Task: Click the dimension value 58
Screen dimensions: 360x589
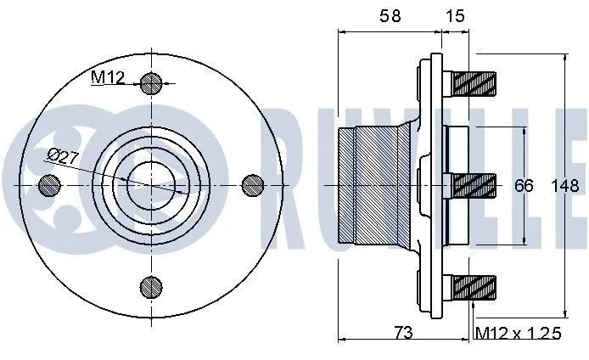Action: pyautogui.click(x=390, y=15)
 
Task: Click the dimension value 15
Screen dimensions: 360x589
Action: pyautogui.click(x=456, y=15)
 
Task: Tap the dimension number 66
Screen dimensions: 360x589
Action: pyautogui.click(x=524, y=185)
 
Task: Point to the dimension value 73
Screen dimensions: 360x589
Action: pyautogui.click(x=404, y=334)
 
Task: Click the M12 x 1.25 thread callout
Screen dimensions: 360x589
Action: pyautogui.click(x=519, y=334)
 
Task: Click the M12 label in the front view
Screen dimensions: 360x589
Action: pyautogui.click(x=108, y=78)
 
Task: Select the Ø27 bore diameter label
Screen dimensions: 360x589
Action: pyautogui.click(x=65, y=155)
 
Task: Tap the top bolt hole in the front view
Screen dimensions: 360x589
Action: pyautogui.click(x=151, y=83)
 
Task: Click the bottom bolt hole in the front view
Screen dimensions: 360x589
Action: pyautogui.click(x=151, y=286)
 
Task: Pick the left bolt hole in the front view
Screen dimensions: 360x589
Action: pyautogui.click(x=50, y=184)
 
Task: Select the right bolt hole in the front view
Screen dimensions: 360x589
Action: pyautogui.click(x=253, y=184)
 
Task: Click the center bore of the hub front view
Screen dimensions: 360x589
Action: pyautogui.click(x=151, y=184)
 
